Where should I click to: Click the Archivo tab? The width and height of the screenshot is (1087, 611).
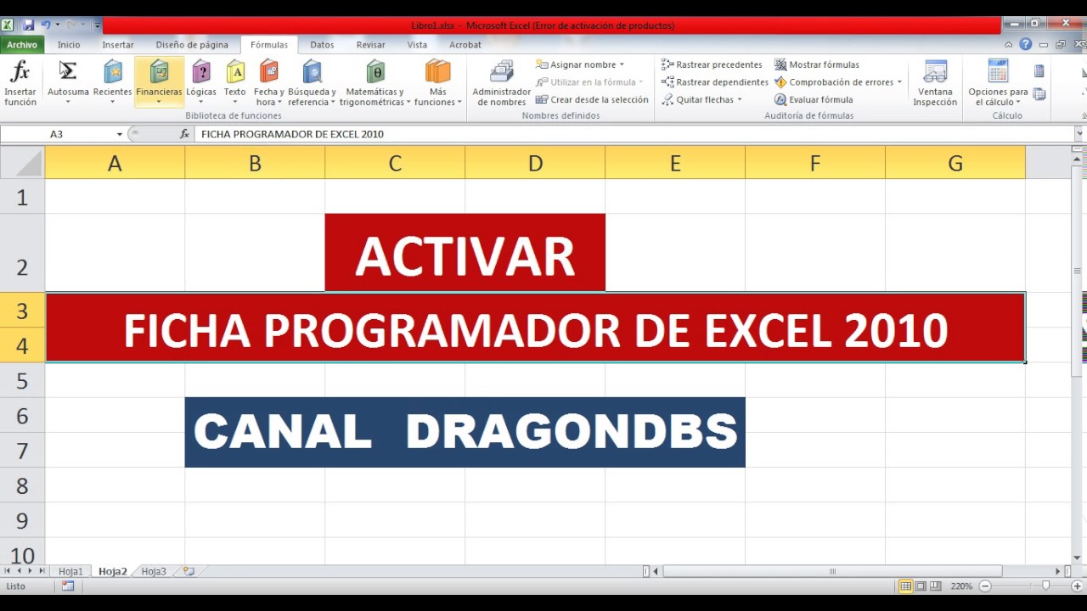22,45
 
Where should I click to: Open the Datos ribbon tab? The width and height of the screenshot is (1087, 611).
322,45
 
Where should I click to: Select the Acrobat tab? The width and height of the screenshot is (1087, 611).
465,45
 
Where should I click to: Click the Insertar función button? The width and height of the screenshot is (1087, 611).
20,83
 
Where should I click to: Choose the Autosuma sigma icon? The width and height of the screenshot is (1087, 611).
68,71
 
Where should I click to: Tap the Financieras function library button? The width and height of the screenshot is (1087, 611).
159,81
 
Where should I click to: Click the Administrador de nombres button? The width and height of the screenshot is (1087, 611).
501,83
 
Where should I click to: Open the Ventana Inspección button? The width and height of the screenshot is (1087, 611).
935,83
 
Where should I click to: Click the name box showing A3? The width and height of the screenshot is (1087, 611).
81,134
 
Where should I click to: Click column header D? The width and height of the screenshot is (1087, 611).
535,163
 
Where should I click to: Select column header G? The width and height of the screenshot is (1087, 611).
955,163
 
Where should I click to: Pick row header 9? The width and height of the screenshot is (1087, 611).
22,520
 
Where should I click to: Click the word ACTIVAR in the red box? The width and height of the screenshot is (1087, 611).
465,256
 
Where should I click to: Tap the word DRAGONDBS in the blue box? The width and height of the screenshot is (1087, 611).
571,432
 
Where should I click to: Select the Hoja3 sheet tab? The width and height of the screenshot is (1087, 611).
154,572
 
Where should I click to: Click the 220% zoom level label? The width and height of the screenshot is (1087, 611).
961,586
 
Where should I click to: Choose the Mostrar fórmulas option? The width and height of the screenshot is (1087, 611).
816,64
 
